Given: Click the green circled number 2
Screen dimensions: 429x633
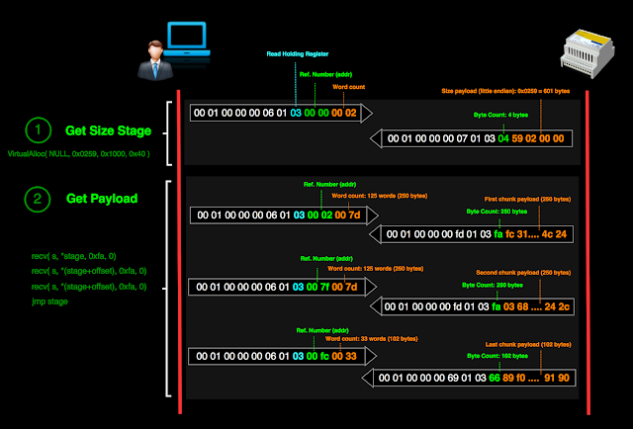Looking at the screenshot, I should click(x=37, y=199).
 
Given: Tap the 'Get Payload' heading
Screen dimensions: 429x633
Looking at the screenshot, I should click(x=102, y=199).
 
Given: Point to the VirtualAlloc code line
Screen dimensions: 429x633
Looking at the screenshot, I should click(x=78, y=154).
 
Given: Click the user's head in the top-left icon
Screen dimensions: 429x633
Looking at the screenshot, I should click(x=156, y=48).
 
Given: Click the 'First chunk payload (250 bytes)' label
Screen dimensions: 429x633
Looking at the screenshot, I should click(x=527, y=199).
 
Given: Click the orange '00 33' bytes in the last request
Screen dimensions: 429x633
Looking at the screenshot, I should click(x=349, y=356).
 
